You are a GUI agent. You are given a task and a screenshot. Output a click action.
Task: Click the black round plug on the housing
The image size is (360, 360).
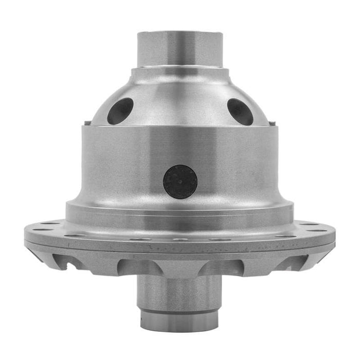click(180, 182)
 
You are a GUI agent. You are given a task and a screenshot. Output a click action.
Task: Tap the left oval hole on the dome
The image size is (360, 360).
click(120, 111)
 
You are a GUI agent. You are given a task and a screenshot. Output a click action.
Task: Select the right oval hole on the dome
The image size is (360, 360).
click(240, 111)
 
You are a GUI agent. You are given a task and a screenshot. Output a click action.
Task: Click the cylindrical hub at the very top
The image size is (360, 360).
click(180, 49)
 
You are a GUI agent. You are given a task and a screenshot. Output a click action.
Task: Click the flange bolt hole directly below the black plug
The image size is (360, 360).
click(180, 239)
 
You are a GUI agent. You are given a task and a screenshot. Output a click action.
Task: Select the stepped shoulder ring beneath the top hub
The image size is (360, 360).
click(180, 72)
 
